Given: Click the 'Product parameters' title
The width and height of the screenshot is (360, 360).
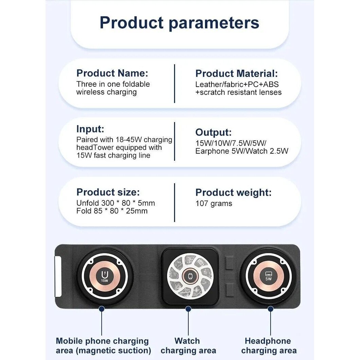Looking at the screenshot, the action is point(179,23).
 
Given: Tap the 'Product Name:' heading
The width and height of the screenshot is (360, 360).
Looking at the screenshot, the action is point(112,73).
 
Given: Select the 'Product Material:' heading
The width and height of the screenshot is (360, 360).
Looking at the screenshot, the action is point(237,73).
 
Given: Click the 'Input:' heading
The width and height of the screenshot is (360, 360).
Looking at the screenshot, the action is point(90,129).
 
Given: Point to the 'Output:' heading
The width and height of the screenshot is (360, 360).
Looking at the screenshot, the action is point(213,133).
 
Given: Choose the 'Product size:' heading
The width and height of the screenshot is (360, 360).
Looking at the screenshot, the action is point(108,192).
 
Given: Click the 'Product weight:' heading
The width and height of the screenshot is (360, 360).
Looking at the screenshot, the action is point(234,193).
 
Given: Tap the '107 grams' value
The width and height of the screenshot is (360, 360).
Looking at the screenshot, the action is point(214,203).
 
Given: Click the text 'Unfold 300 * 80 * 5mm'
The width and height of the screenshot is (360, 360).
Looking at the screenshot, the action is point(116,203).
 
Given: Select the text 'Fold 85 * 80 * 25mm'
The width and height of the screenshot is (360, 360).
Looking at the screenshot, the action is point(112,211).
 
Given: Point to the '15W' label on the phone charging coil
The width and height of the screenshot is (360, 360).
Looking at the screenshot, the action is point(104,280).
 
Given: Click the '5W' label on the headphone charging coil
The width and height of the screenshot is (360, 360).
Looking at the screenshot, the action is point(269,279).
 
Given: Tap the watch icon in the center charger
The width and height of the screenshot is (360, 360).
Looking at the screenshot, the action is point(190,276).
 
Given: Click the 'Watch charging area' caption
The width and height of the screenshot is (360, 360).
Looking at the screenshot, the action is point(188,346).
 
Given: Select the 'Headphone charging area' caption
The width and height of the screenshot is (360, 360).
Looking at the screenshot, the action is point(269,346).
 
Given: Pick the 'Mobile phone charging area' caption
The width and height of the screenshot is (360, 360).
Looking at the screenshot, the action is point(104,346).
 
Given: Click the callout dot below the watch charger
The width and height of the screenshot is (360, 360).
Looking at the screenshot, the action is point(188,309).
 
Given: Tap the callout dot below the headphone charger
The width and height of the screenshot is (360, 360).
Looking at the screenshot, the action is point(271,309).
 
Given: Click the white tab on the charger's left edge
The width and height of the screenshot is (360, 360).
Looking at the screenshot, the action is point(58,276).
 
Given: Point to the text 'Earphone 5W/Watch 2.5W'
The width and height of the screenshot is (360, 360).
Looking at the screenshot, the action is point(242,151).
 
